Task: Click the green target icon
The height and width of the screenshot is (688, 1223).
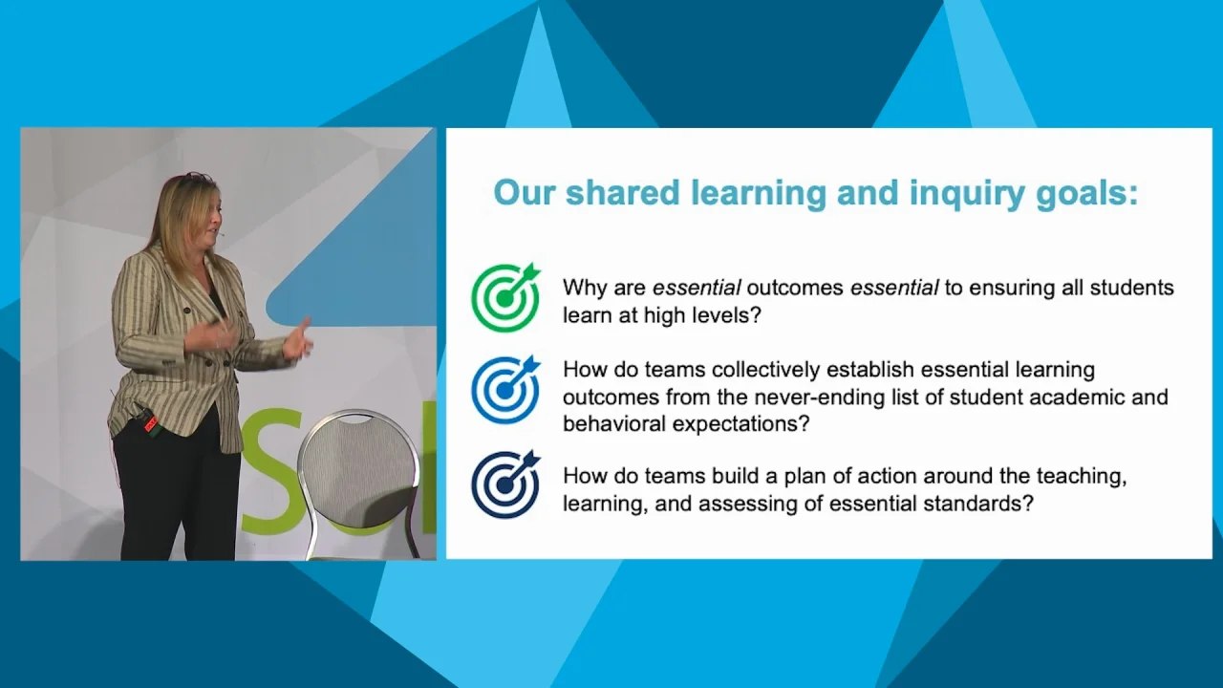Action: pyautogui.click(x=505, y=298)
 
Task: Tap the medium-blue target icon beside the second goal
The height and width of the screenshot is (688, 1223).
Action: pyautogui.click(x=505, y=390)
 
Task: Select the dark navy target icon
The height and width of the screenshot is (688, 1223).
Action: pyautogui.click(x=505, y=484)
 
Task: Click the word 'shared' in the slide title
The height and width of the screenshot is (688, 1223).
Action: pyautogui.click(x=622, y=192)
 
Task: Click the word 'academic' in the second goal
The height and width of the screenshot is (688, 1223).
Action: pyautogui.click(x=1076, y=397)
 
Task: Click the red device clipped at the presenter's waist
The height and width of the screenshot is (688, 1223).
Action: pyautogui.click(x=151, y=423)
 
